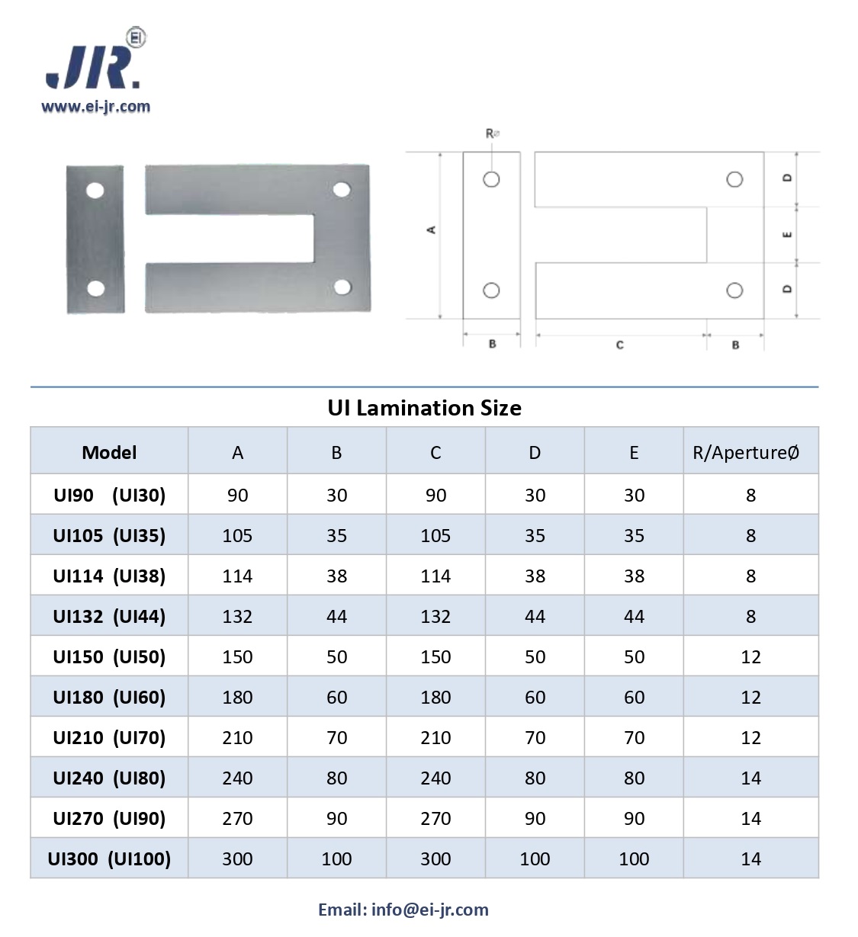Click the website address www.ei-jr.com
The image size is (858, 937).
[96, 107]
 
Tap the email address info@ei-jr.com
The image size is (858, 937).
[430, 910]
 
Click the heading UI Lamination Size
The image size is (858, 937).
[424, 408]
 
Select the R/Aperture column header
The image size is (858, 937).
[746, 452]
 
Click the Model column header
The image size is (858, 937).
[109, 453]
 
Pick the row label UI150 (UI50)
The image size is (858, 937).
[109, 656]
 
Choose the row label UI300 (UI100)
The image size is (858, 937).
[109, 858]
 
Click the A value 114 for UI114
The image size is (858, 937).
[237, 576]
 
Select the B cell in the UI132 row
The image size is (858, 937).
[336, 617]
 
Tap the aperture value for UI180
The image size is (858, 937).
[751, 698]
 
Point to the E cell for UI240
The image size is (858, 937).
[634, 778]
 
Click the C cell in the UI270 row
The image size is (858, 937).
[435, 818]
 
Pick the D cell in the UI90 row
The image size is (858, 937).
[535, 495]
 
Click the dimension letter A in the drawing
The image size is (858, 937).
[432, 229]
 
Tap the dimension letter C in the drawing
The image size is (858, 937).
[619, 345]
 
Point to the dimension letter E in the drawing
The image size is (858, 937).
[787, 235]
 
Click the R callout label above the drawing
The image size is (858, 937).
[492, 134]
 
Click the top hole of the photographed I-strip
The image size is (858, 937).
[95, 191]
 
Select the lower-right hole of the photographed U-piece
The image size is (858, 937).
[342, 287]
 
